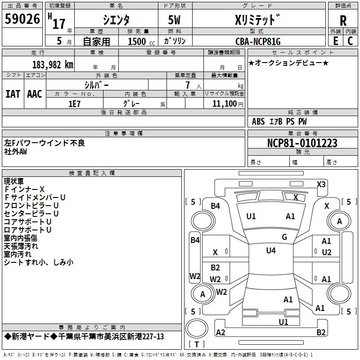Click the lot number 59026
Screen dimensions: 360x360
pyautogui.click(x=22, y=19)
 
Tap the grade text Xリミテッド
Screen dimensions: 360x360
pyautogui.click(x=257, y=19)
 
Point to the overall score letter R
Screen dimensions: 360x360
pyautogui.click(x=343, y=20)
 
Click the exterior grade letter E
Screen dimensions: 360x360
pyautogui.click(x=335, y=40)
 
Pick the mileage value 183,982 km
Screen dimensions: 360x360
pyautogui.click(x=53, y=64)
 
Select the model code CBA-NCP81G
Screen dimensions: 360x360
pyautogui.click(x=257, y=41)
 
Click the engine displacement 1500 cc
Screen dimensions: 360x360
pyautogui.click(x=140, y=41)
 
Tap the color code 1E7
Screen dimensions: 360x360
pyautogui.click(x=74, y=103)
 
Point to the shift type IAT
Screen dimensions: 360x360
pyautogui.click(x=13, y=94)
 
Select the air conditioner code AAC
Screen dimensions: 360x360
pyautogui.click(x=35, y=94)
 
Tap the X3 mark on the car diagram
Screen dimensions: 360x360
pyautogui.click(x=321, y=184)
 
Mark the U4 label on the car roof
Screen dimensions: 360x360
pyautogui.click(x=271, y=251)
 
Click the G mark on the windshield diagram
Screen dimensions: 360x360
pyautogui.click(x=284, y=237)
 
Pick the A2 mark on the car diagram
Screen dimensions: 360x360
pyautogui.click(x=221, y=332)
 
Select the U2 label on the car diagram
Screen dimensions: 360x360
pyautogui.click(x=327, y=252)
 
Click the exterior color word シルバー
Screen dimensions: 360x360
pyautogui.click(x=96, y=84)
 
